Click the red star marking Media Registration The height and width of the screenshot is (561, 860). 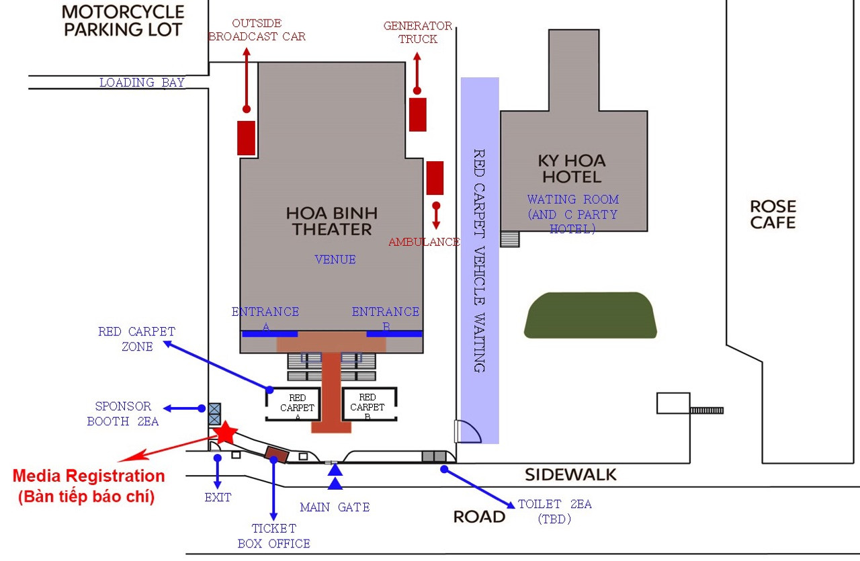pos(225,433)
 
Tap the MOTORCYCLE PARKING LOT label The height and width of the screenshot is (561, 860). pos(123,21)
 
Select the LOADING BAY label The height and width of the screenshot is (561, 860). pos(142,83)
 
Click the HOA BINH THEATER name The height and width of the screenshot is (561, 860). pos(332,221)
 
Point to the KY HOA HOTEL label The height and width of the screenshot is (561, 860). pos(572,169)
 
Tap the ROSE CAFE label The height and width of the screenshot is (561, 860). pos(773,214)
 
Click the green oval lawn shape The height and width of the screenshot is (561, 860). pos(591,315)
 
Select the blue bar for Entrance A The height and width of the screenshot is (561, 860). pos(270,334)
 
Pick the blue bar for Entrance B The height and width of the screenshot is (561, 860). pos(394,334)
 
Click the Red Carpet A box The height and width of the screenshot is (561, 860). pos(293,404)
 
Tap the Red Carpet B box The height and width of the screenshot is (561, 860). pos(370,404)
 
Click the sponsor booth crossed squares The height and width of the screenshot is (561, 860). pos(214,414)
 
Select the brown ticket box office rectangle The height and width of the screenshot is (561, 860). pos(277,455)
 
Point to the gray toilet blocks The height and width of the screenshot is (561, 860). pos(434,457)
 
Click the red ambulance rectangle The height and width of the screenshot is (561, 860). pos(435,178)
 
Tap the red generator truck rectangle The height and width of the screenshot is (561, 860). pos(418,114)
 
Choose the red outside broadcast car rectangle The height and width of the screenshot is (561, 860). pos(246,138)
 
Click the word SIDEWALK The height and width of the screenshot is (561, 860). pos(570,475)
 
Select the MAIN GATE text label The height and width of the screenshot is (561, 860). pos(335,507)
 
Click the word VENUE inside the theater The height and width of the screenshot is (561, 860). pos(335,259)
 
